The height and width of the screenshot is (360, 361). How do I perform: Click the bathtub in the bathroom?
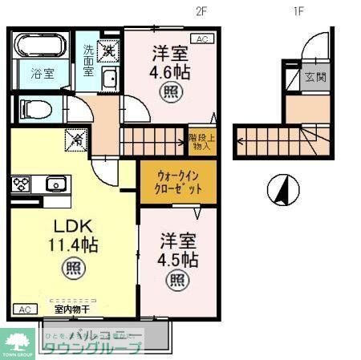pyautogui.click(x=41, y=46)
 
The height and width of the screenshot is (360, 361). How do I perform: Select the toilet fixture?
pyautogui.click(x=34, y=107)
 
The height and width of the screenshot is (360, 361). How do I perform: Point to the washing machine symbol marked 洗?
pyautogui.click(x=108, y=51)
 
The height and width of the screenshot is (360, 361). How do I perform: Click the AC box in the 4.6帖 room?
pyautogui.click(x=201, y=38)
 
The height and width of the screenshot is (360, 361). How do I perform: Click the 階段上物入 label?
pyautogui.click(x=200, y=142)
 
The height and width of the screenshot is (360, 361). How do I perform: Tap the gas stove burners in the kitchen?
pyautogui.click(x=21, y=184)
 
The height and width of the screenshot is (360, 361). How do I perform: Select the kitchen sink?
pyautogui.click(x=55, y=184)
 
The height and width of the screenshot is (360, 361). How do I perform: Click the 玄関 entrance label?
pyautogui.click(x=312, y=77)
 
